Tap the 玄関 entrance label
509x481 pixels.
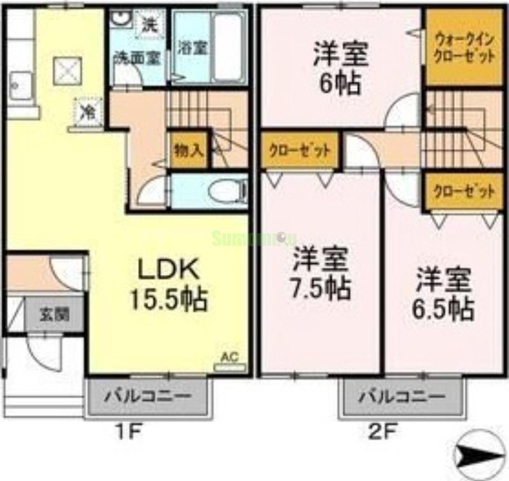pos(54,314)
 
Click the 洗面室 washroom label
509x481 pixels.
pos(136,57)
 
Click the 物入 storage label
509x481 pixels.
pos(188,150)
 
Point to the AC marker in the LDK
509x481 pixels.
pos(229,358)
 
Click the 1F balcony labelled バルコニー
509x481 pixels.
pos(147,396)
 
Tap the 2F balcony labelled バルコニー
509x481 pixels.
pos(400,396)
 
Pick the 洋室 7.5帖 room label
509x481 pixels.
pos(321,275)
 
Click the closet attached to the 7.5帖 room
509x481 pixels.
pos(299,151)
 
